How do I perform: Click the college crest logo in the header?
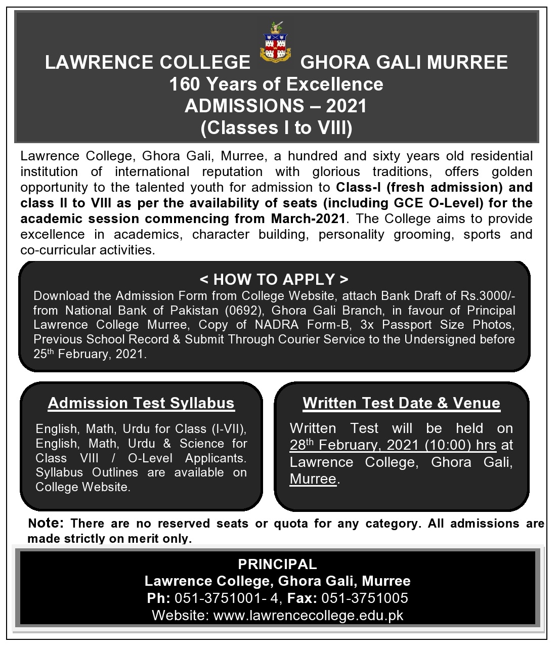(275, 43)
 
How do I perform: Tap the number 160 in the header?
(186, 84)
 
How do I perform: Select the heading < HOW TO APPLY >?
(274, 279)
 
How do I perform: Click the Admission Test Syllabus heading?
(141, 403)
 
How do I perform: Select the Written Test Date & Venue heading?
(401, 403)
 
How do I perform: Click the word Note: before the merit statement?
(46, 523)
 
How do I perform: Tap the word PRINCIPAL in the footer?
(277, 565)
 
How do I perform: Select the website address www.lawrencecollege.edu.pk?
(309, 616)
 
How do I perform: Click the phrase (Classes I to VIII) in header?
(276, 127)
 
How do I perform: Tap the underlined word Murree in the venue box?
(313, 479)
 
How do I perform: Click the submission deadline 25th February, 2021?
(90, 354)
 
